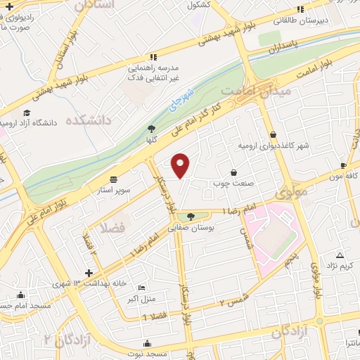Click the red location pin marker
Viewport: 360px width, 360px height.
181,165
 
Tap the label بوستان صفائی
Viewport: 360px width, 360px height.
194,227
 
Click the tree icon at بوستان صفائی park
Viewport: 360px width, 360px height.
191,216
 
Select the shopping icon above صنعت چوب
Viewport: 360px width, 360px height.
233,172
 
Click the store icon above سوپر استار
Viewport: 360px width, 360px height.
114,179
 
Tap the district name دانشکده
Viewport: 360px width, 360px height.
89,120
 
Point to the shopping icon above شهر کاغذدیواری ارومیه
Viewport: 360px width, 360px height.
273,135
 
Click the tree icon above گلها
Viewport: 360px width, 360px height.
150,128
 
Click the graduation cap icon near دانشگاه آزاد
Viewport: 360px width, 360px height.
27,112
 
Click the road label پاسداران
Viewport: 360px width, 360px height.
283,49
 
